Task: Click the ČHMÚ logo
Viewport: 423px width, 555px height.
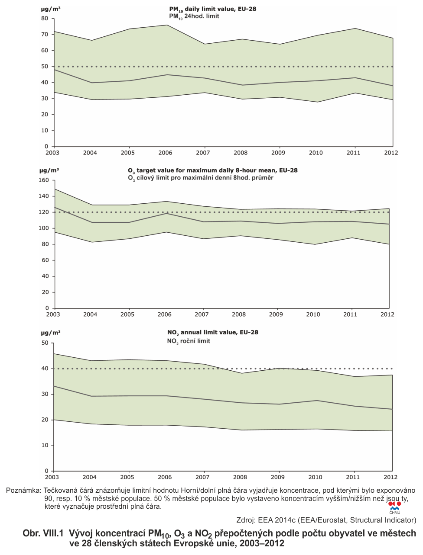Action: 394,508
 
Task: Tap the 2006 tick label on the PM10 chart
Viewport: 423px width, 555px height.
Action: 165,153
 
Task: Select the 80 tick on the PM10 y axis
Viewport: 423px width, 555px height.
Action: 45,18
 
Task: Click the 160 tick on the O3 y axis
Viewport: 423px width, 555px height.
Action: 44,180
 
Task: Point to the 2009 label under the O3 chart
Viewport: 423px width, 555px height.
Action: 276,314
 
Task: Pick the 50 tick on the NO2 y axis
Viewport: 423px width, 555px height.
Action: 45,343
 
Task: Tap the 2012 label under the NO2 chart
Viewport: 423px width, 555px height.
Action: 390,477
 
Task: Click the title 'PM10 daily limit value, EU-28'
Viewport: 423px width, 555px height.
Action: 212,9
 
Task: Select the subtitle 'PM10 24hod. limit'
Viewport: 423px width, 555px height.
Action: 194,16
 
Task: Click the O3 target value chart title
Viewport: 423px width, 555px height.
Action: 212,171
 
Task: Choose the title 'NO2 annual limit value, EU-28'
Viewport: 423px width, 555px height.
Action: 212,333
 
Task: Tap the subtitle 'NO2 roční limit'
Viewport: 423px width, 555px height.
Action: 189,341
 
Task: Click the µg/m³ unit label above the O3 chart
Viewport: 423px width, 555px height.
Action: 49,170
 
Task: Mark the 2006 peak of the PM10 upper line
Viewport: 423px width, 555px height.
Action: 167,25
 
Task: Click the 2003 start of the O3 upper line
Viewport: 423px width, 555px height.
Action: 55,189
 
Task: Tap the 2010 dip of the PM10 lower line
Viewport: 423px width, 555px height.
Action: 317,102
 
